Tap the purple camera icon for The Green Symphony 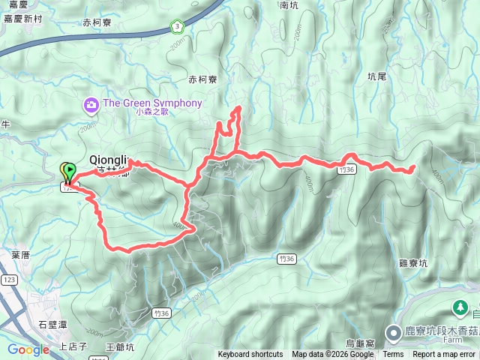coord(91,103)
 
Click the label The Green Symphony coord(152,103)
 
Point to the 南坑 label coord(289,5)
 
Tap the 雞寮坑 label coord(412,264)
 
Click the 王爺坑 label coord(120,346)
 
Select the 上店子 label coord(73,346)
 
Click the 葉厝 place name coord(21,255)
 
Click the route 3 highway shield coord(175,27)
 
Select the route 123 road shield coord(9,280)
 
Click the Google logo coord(28,349)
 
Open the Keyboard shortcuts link coord(250,355)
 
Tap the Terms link coord(393,355)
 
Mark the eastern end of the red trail coord(414,168)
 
